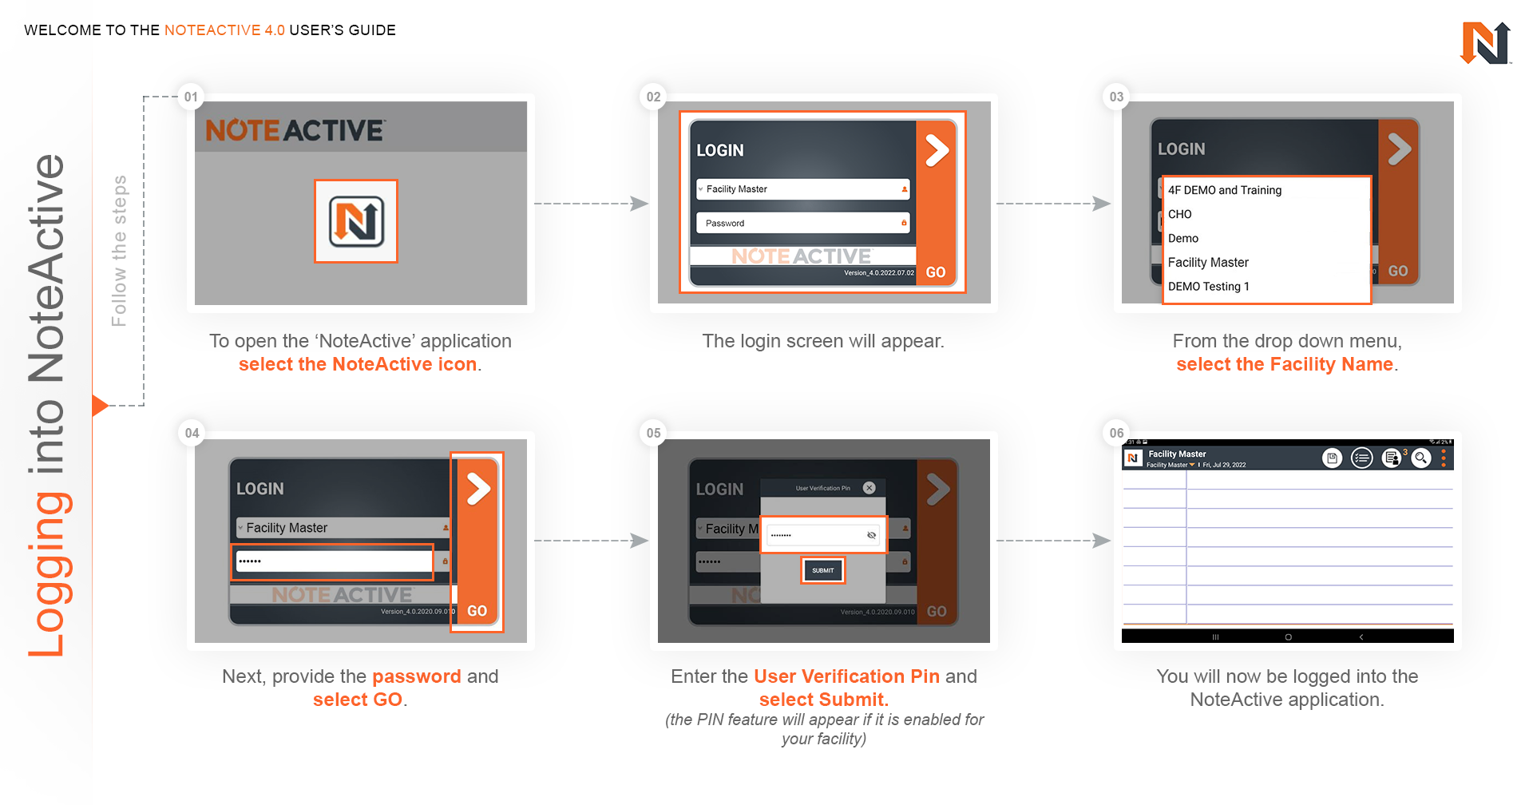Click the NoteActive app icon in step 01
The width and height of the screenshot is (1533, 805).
pos(356,221)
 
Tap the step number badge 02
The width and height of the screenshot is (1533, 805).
pos(653,97)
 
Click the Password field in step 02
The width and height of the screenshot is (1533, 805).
pos(802,223)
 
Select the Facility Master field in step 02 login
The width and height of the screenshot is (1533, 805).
pos(802,189)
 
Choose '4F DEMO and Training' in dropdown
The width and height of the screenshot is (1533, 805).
pos(1224,190)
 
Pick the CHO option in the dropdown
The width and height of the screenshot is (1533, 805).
pos(1179,214)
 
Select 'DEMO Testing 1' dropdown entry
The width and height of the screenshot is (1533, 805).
pos(1208,286)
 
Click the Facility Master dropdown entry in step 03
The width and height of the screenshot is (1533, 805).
pos(1207,262)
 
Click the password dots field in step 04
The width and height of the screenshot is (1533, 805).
pos(332,561)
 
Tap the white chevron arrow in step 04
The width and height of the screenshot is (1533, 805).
pos(478,489)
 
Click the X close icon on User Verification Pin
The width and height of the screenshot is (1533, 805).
pos(869,488)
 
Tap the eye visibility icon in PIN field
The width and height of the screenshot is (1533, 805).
pos(871,535)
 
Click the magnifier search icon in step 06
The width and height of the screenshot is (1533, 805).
pos(1420,458)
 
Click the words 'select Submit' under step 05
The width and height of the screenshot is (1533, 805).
pos(822,700)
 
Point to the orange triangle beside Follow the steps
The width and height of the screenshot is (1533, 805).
pos(99,405)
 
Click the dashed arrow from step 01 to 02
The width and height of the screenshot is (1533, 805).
pos(591,204)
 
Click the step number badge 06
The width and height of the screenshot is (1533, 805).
pos(1116,433)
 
